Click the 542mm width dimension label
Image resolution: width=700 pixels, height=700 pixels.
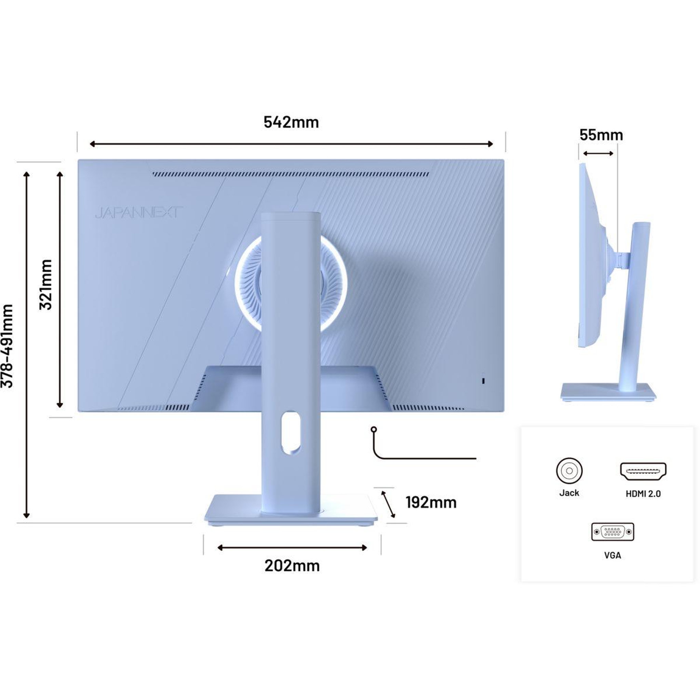(291, 122)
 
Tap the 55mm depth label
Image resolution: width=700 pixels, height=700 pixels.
(601, 135)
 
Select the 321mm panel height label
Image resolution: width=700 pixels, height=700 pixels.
(46, 284)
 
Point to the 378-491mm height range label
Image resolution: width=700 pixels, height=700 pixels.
(7, 346)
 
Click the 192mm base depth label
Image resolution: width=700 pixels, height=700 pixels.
(431, 502)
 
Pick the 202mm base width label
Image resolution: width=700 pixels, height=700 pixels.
(292, 566)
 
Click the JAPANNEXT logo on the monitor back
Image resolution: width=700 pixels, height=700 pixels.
(139, 213)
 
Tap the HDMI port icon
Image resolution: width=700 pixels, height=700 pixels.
(643, 471)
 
